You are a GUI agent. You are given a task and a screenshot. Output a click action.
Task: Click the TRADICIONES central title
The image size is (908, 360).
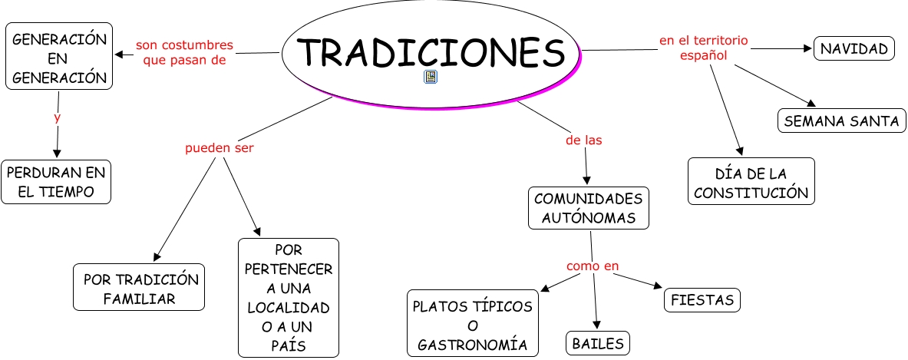point(430,51)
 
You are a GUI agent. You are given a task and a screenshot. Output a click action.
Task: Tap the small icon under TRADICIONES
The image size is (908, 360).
point(431,77)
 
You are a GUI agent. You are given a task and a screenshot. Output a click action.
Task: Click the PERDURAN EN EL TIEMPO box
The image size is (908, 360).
point(56,182)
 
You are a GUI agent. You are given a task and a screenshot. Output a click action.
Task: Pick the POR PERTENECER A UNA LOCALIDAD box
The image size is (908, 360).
point(288,298)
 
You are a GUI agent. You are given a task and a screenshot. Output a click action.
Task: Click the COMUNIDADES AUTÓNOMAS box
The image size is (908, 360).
point(589,208)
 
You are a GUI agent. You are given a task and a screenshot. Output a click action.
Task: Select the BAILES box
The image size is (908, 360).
point(598,343)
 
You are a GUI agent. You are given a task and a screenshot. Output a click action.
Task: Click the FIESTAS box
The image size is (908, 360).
point(702,300)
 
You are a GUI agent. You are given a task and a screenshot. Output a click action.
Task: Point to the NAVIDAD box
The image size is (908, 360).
point(854,50)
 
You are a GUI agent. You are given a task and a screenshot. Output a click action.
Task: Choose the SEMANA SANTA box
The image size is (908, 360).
point(842,121)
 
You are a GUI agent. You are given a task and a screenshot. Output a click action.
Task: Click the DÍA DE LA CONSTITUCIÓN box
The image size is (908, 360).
point(751,182)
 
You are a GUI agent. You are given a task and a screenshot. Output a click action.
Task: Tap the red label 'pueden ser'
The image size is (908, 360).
point(219,148)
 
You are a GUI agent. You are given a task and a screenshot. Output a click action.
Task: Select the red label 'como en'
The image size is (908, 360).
point(593,266)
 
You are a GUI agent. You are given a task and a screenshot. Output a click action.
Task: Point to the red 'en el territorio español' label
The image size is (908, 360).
point(704,48)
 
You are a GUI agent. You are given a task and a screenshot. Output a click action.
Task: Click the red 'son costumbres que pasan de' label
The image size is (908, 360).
point(184,53)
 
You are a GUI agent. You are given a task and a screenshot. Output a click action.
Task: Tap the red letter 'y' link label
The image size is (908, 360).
point(57,117)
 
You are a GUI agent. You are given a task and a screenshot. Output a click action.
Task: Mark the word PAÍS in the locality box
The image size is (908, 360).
point(288,346)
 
